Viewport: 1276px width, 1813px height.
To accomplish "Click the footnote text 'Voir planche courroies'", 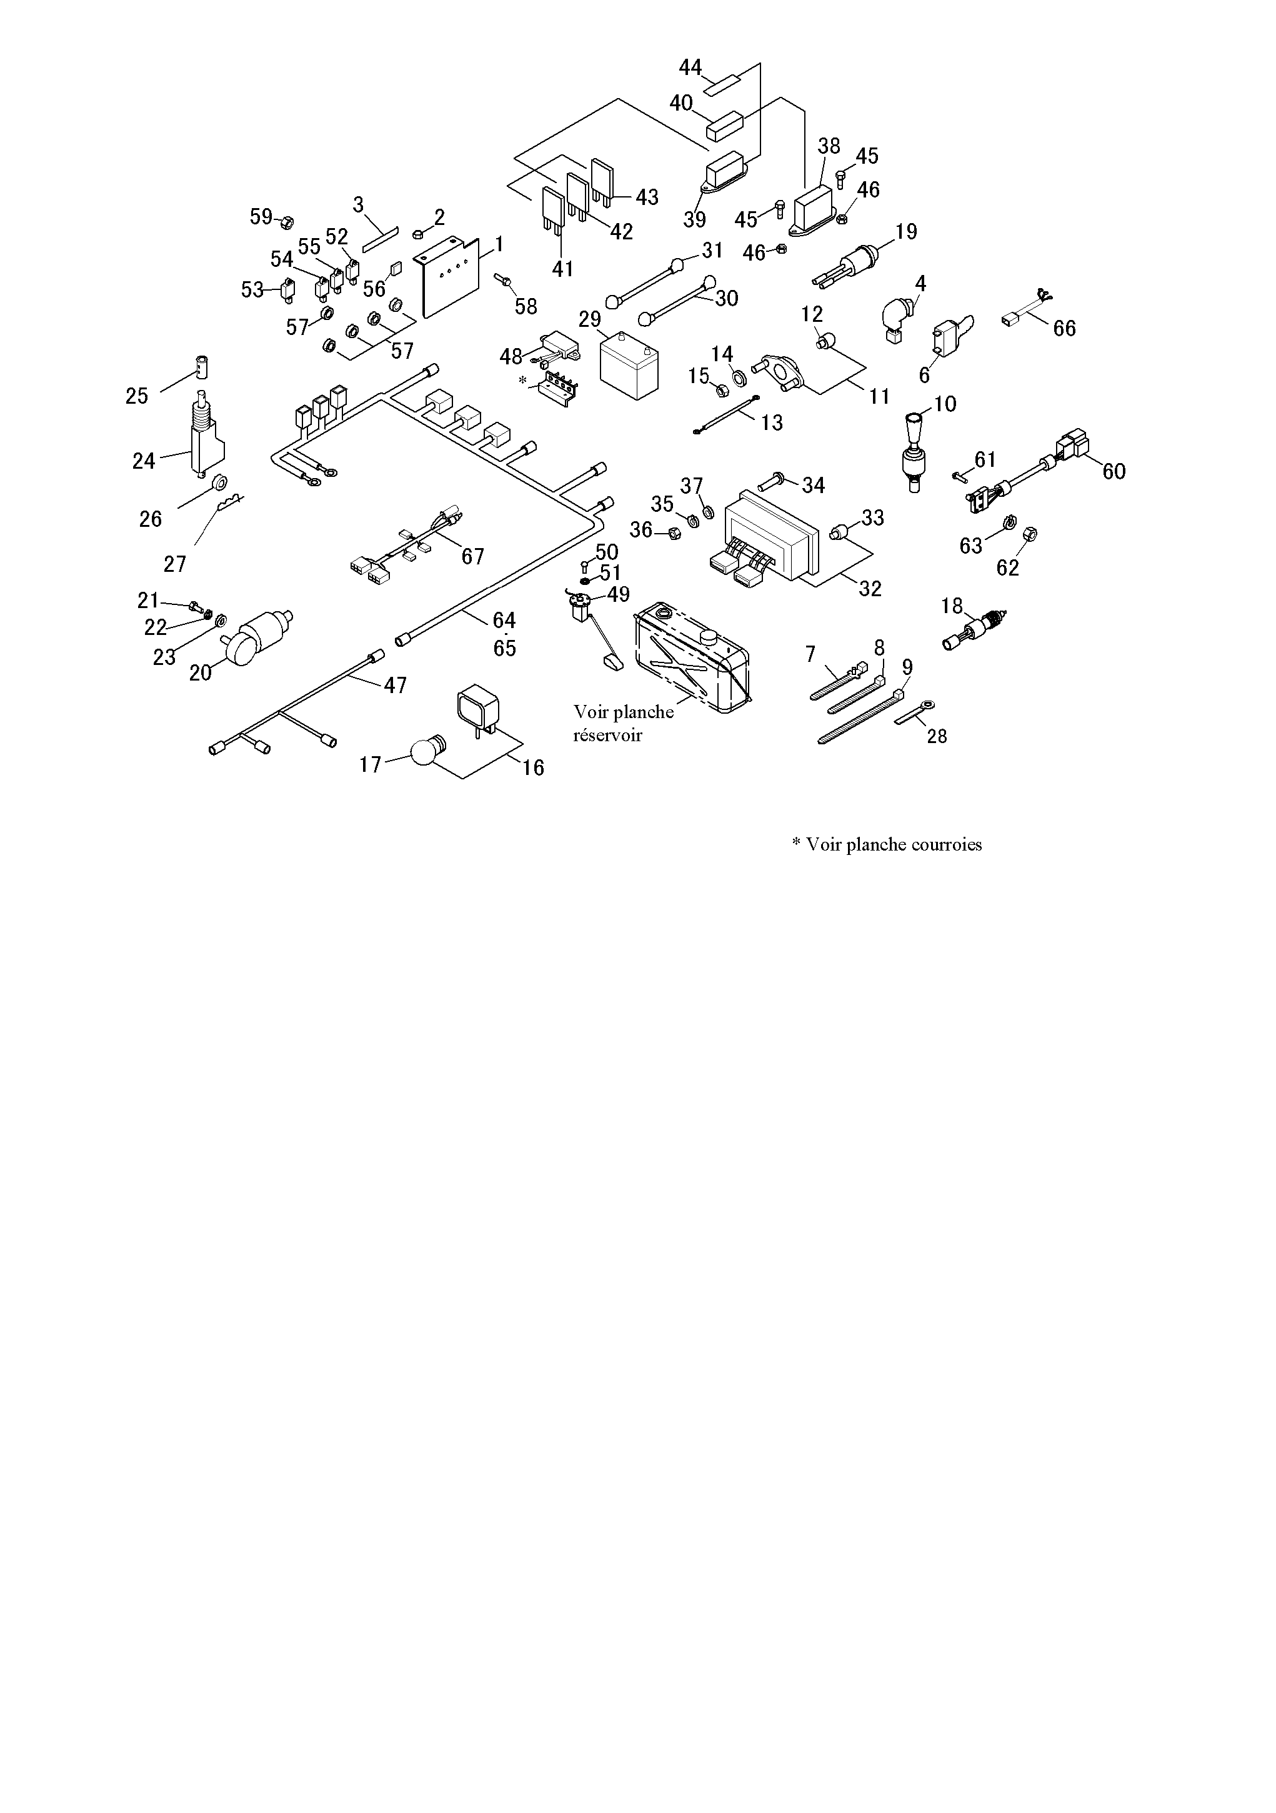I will [x=893, y=845].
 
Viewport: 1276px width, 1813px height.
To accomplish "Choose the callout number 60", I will [x=1114, y=471].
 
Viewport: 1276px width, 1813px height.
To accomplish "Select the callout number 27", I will [x=174, y=564].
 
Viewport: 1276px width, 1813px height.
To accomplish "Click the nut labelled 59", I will [x=287, y=219].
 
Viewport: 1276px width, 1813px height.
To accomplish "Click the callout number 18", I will [x=952, y=606].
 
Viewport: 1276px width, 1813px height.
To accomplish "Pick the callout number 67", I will [x=472, y=557].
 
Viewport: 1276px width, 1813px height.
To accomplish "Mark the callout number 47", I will [x=395, y=686].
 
